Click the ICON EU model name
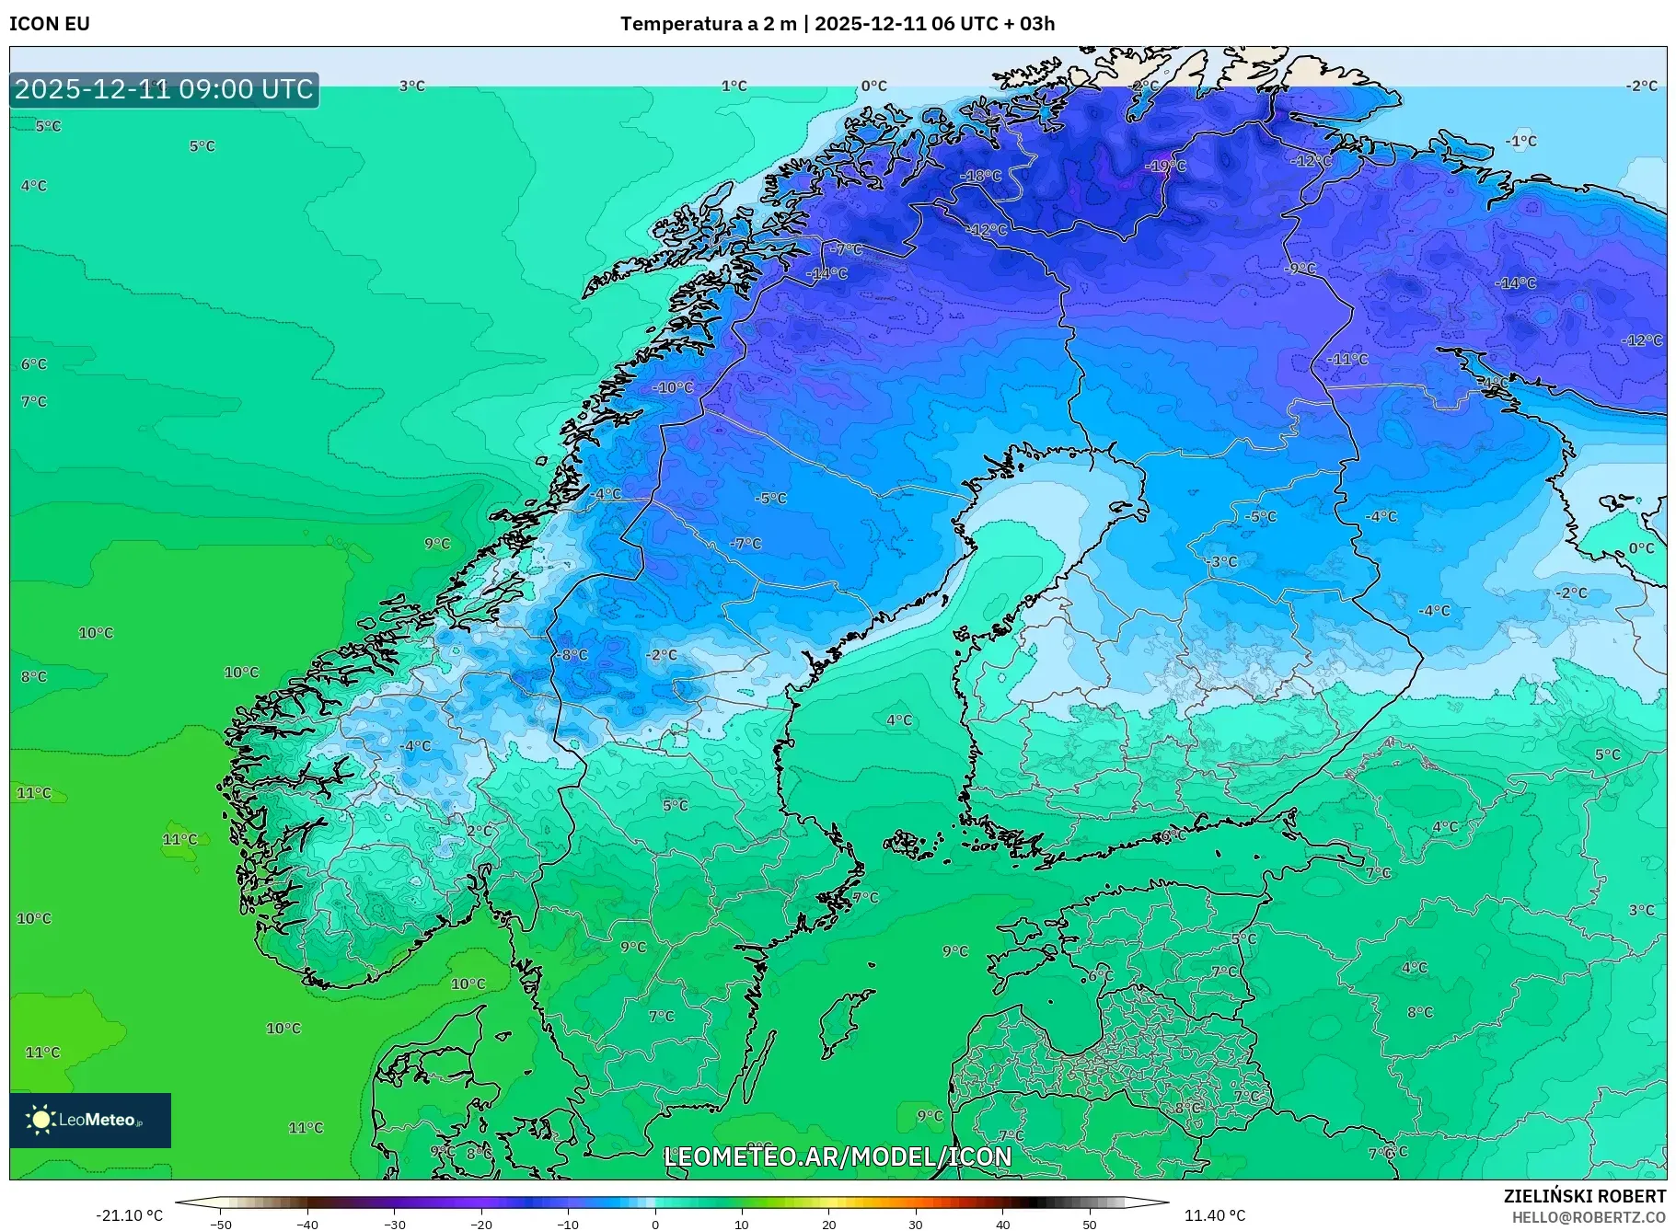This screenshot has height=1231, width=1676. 50,24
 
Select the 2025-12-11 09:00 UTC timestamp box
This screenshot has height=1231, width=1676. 164,89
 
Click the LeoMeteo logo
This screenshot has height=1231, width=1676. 90,1120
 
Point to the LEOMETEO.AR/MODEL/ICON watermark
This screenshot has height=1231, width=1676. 838,1156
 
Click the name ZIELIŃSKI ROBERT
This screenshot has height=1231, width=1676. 1584,1196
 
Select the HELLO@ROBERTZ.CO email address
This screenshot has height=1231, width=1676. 1588,1217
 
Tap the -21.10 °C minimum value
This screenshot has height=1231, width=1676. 129,1215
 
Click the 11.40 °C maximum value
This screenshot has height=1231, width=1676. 1214,1215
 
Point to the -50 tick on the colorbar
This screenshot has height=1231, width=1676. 221,1224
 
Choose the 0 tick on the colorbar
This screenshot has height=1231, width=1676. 655,1224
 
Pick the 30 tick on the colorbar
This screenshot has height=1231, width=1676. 916,1224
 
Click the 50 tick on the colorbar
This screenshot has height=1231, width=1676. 1090,1224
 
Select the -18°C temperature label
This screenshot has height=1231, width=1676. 980,176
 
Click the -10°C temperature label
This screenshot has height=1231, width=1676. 673,387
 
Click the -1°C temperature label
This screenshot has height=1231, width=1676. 1520,141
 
